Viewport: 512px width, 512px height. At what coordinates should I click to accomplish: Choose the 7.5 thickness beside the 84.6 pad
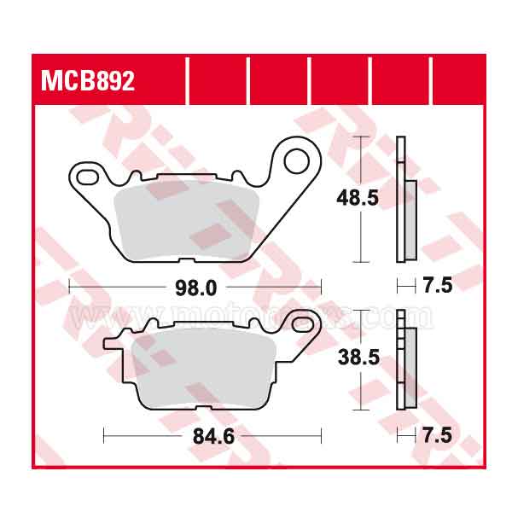point(437,436)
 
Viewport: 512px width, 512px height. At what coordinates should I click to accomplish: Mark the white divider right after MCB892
point(186,80)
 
